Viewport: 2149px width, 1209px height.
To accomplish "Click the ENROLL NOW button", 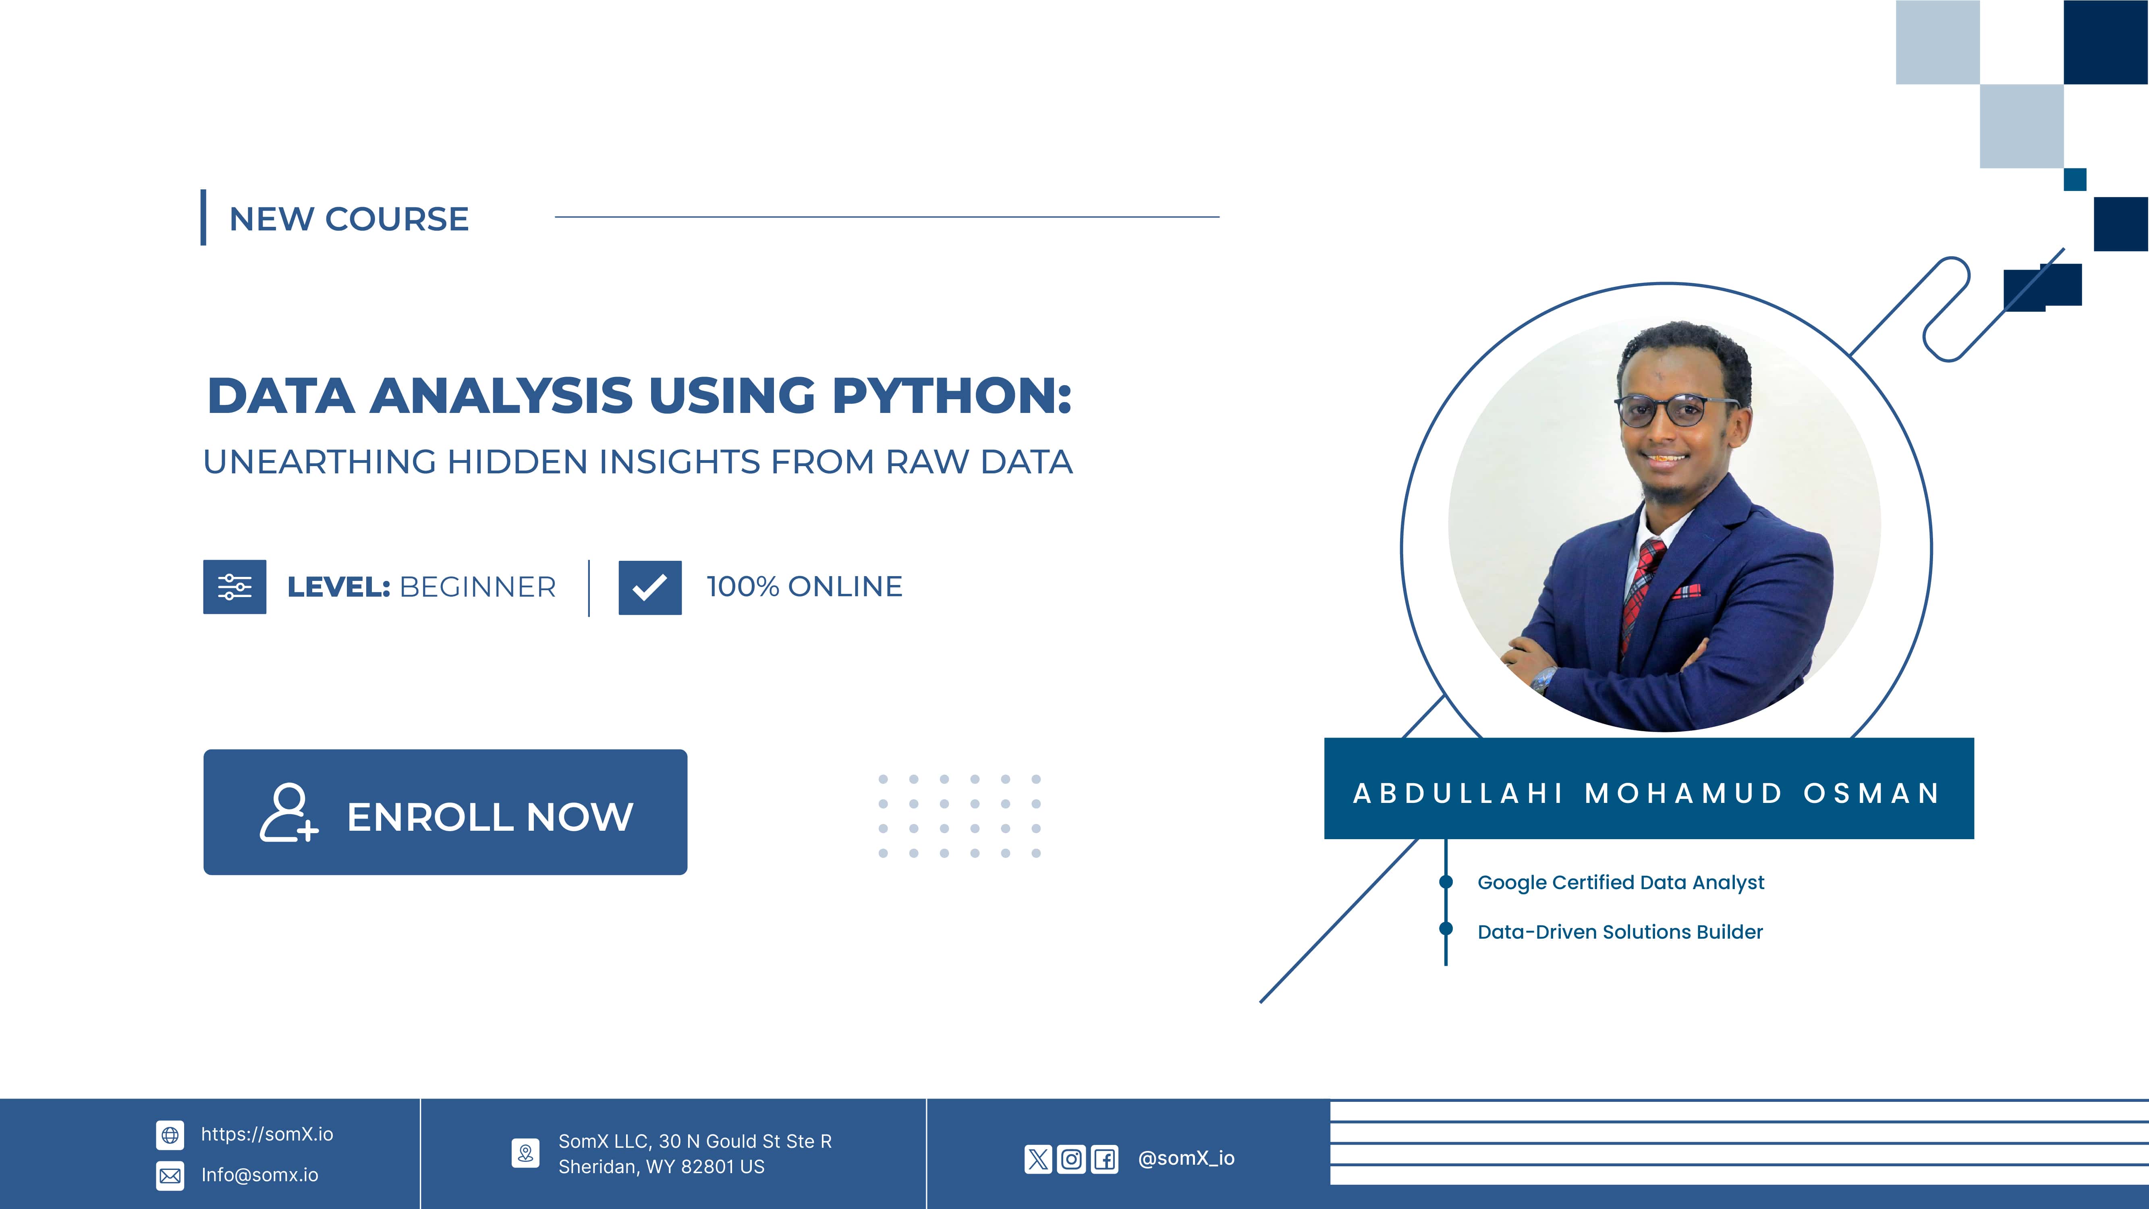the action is coord(446,812).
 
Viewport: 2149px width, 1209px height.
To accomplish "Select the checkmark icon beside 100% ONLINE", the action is coord(650,587).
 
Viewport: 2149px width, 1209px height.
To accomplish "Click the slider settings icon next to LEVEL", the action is coord(234,587).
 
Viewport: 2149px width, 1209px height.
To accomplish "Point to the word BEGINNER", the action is coord(478,587).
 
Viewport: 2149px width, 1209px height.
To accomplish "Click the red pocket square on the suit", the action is coord(1687,591).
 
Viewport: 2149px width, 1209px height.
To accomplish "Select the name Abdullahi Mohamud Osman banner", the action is coord(1649,788).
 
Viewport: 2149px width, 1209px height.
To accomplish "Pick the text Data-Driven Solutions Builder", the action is coord(1620,932).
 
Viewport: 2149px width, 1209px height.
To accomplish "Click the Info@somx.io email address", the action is coord(259,1175).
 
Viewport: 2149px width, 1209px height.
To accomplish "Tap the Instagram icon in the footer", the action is coord(1071,1159).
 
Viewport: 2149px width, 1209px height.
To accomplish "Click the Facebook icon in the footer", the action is coord(1105,1159).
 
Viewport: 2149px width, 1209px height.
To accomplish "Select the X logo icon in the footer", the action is coord(1038,1159).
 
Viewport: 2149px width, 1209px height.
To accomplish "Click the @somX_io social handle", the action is coord(1186,1158).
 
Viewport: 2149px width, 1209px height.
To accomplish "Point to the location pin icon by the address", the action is coord(526,1153).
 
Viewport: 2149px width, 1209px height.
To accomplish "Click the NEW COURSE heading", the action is coord(349,219).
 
